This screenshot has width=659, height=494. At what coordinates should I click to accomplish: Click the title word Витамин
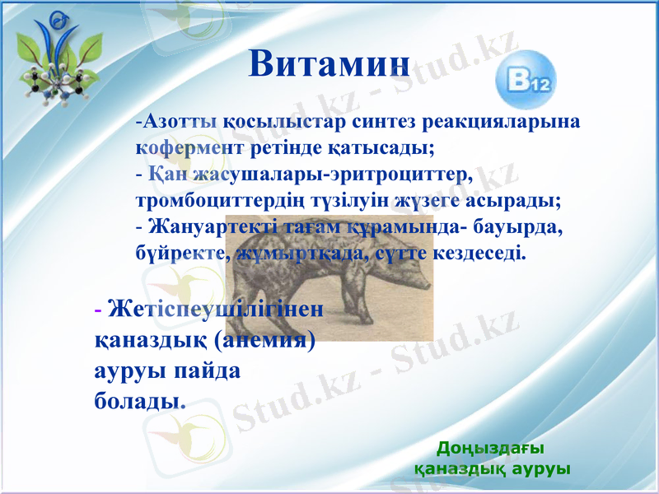pyautogui.click(x=329, y=64)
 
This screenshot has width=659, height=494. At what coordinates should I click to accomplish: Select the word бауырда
pyautogui.click(x=525, y=226)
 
